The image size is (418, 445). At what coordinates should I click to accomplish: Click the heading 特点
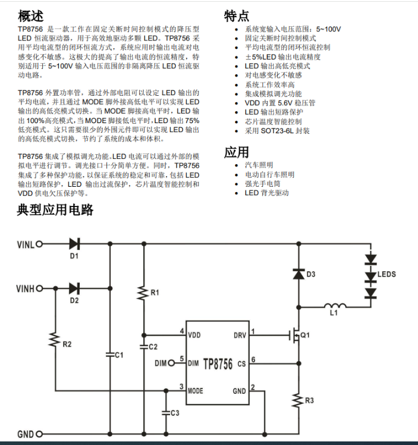click(x=237, y=15)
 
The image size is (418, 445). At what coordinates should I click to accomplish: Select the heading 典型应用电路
click(x=55, y=210)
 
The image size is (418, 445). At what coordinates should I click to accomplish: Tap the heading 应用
click(x=237, y=152)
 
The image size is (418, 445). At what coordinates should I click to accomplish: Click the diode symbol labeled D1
click(x=74, y=244)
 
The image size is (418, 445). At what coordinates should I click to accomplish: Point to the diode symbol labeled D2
click(x=74, y=289)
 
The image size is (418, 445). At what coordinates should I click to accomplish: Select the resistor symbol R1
click(x=143, y=293)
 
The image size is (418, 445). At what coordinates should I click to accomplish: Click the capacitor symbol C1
click(x=109, y=355)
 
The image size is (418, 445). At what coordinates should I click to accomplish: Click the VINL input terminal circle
click(x=40, y=244)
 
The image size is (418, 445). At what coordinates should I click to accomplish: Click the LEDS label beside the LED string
click(x=386, y=274)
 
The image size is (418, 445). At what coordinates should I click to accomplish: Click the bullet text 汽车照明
click(x=259, y=165)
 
